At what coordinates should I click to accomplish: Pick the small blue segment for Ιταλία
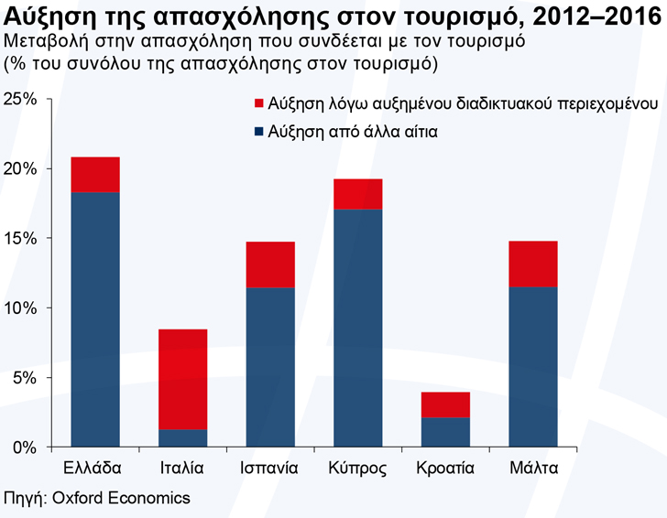click(182, 438)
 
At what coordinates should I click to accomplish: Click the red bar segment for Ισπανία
click(269, 264)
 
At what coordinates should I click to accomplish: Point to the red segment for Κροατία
click(444, 405)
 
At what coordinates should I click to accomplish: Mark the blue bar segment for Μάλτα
click(532, 366)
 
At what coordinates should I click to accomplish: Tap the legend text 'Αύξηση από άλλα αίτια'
click(341, 131)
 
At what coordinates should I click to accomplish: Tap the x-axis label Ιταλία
click(182, 469)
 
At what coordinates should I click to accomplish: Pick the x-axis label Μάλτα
click(532, 469)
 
